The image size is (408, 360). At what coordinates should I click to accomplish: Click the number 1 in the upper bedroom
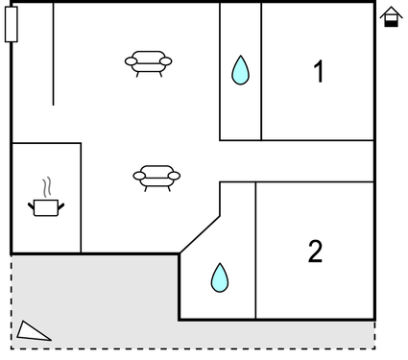pos(318,72)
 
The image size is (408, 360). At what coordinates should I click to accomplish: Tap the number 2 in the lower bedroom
pos(315,252)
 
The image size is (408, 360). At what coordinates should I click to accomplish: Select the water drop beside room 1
pos(240,69)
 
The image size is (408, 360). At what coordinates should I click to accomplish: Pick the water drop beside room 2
pos(220,277)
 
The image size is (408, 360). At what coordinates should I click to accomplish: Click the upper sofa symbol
pos(148,62)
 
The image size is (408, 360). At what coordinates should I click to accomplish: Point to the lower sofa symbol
pos(156,176)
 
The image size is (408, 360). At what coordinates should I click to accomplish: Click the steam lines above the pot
pos(45,186)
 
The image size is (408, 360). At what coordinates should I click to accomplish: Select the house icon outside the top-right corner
pos(391,16)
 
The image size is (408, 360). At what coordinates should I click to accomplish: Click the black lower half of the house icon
pos(391,21)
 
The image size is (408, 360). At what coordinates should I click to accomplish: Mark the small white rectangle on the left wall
pos(12,23)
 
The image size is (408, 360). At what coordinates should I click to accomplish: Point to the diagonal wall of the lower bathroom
pos(200,234)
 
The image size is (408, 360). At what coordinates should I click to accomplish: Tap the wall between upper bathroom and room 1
pos(261,72)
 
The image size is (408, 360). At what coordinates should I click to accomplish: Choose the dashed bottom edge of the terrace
pos(192,348)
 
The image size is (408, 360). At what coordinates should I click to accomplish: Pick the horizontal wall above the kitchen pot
pos(46,143)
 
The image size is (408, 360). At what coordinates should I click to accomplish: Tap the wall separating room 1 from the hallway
pos(317,141)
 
